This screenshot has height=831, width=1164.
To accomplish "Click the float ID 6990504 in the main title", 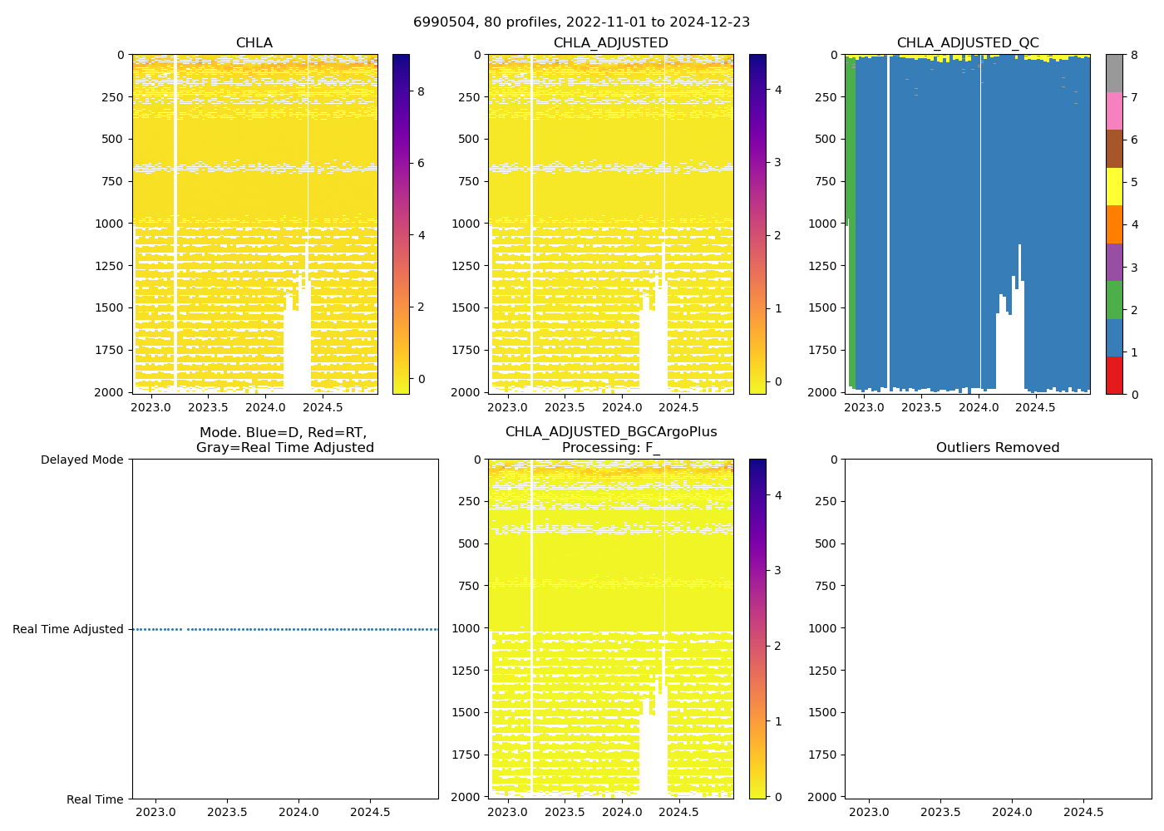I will pos(439,22).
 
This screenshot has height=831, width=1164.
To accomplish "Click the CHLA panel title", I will pos(254,42).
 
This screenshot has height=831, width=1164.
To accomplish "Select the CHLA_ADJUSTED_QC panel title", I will pos(968,42).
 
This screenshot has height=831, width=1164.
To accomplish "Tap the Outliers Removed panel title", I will pos(998,447).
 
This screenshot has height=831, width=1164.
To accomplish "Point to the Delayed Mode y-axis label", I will pos(81,460).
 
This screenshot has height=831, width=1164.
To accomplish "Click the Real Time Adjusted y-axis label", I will pos(68,629).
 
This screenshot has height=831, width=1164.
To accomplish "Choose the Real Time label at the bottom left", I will pos(95,799).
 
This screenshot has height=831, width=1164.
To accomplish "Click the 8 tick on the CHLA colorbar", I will pos(421,91).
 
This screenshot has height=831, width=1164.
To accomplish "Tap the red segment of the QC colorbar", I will pos(1114,376).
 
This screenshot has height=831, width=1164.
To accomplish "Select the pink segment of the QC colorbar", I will pos(1114,111).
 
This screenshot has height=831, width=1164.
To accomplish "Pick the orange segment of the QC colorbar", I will pos(1114,224).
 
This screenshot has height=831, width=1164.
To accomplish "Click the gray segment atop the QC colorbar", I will pos(1114,73).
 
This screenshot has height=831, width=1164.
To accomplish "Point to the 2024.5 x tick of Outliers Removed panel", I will pos(1083,812).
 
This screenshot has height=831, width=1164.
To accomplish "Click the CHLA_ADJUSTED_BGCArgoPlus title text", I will pos(611,431).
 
